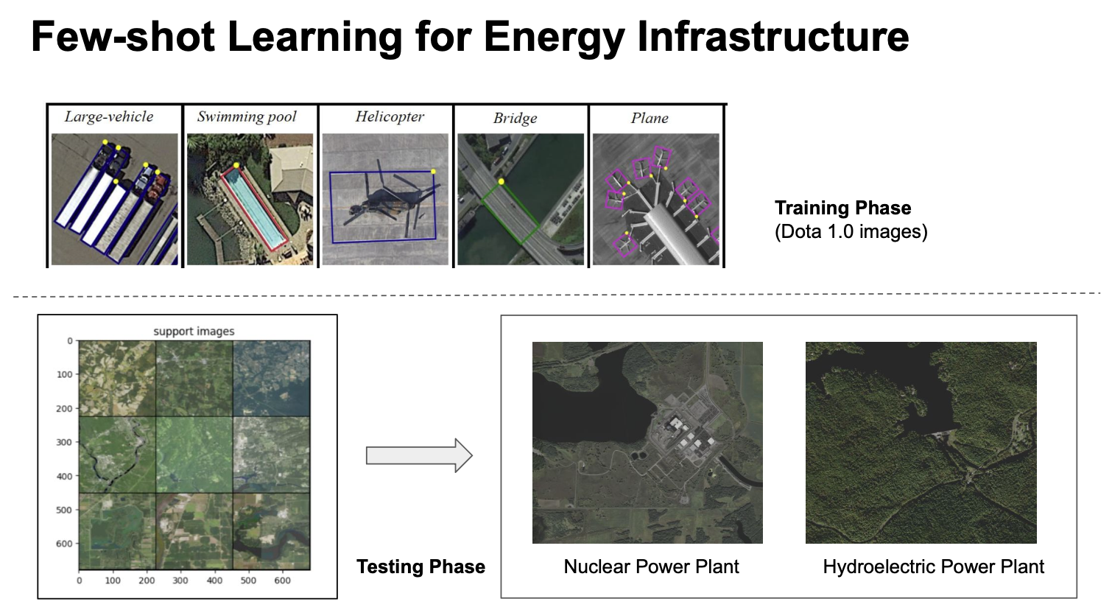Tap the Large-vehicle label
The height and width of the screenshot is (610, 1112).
coord(109,116)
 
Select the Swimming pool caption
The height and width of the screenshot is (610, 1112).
coord(247,116)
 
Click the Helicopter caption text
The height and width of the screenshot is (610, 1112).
coord(390,116)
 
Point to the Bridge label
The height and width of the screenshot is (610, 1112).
coord(515,118)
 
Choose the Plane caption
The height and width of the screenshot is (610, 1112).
coord(650,118)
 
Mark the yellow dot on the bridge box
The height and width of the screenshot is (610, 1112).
coord(502,182)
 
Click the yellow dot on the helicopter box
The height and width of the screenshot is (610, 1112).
coord(433,172)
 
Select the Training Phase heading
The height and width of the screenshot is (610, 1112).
coord(843,208)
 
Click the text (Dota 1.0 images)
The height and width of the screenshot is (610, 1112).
coord(851,232)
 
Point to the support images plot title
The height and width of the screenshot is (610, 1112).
coord(194,332)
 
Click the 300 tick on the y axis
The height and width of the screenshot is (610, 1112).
coord(64,442)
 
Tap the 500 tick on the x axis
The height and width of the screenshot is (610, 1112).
coord(248,581)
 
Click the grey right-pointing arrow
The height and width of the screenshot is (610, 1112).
coord(419,455)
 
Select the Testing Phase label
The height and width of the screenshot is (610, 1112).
coord(421,567)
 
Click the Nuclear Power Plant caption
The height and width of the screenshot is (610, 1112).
coord(651,567)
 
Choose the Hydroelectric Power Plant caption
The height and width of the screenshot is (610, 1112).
coord(933,567)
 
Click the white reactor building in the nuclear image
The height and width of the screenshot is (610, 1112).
coord(675,424)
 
